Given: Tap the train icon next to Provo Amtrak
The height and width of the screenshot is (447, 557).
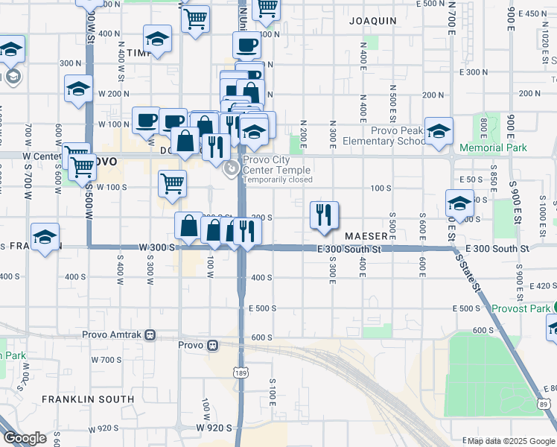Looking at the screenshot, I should point(150,335).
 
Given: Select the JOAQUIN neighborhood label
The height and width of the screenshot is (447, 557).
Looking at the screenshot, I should point(372,22).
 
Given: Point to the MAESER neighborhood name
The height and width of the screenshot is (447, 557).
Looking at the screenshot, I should point(363,235).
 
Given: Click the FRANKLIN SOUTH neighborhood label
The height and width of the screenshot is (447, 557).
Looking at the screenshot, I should point(88,399).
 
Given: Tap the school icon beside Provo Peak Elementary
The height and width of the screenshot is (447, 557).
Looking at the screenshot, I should point(439,131).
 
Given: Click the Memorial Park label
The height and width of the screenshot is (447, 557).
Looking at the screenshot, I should point(493,148).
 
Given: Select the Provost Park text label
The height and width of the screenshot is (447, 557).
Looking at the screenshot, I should point(520,308).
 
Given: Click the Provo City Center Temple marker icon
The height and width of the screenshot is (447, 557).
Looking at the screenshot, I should point(232,169).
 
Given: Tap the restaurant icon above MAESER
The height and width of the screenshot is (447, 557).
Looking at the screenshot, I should point(324,215).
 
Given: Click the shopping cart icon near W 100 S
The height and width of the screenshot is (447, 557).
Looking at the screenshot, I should point(172,183).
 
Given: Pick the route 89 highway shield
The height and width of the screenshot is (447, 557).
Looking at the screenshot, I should point(542,403).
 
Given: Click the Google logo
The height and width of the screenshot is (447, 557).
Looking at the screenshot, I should point(25,438).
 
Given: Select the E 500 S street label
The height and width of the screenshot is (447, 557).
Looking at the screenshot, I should point(262,308).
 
